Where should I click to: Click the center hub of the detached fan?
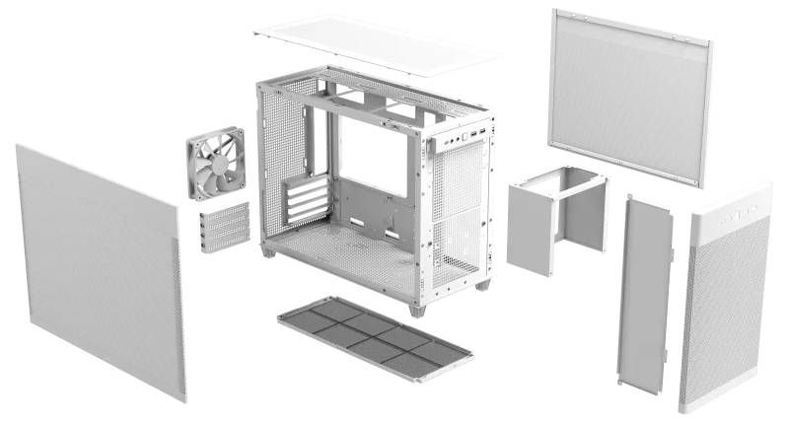(x=215, y=158)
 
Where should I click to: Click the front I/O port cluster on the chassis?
(x=464, y=138)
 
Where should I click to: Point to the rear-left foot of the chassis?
(x=267, y=252)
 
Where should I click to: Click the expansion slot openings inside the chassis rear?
(x=306, y=202)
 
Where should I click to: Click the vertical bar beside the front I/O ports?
(x=430, y=145)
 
